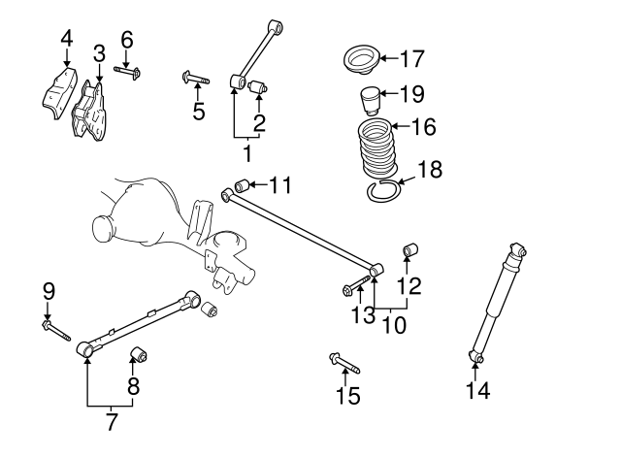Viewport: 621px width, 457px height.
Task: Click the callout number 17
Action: click(x=411, y=59)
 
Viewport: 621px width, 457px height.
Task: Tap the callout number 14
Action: click(x=477, y=391)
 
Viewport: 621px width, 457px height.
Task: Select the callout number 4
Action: click(x=66, y=39)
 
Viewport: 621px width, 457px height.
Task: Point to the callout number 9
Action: click(x=48, y=290)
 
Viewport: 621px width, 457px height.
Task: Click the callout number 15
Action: click(x=347, y=396)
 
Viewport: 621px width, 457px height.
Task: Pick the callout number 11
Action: click(x=279, y=184)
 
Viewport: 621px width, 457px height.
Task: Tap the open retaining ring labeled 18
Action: click(x=385, y=190)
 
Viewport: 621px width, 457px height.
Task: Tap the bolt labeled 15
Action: click(x=345, y=365)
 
